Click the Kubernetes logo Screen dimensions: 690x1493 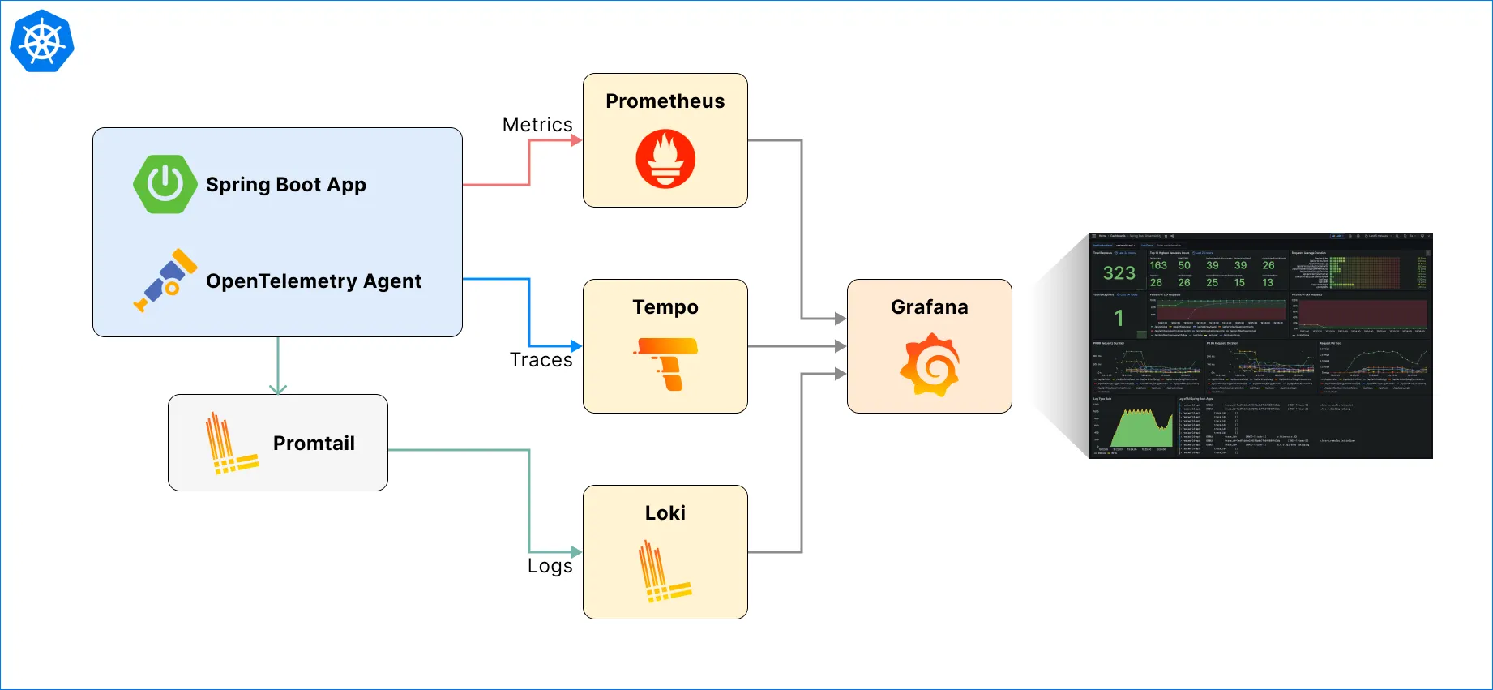pos(42,41)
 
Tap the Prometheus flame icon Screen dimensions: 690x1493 pos(665,159)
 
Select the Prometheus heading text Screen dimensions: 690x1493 pos(665,101)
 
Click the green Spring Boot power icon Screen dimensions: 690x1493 pos(165,185)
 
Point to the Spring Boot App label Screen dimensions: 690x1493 pos(286,185)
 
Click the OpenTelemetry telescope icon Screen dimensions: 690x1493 pos(166,281)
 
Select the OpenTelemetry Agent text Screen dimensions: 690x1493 pos(314,281)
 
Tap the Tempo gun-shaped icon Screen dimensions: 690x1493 pos(665,363)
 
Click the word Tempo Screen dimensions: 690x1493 pos(665,307)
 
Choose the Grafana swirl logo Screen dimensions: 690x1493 pos(930,365)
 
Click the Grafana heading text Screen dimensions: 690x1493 pos(930,307)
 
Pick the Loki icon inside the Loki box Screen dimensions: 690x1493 pos(665,572)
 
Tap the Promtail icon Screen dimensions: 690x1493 pos(231,444)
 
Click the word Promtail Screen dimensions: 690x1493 pos(314,444)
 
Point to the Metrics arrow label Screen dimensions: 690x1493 pos(537,125)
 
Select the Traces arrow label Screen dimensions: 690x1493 pos(541,360)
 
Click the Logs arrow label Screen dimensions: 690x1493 pos(550,566)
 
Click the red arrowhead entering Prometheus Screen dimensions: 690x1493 pos(576,140)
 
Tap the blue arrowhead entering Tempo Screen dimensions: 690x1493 pos(576,346)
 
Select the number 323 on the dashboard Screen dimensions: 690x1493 pos(1119,273)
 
